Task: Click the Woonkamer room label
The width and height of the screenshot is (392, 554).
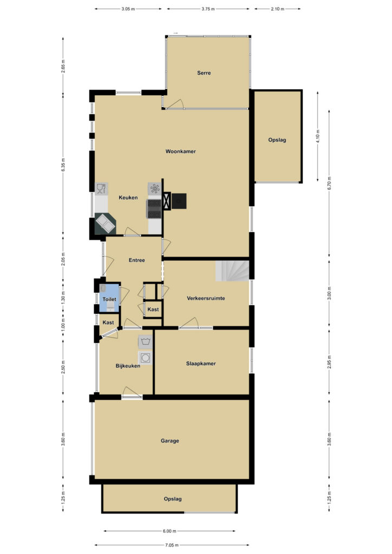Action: [180, 151]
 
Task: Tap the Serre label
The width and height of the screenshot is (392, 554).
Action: [204, 73]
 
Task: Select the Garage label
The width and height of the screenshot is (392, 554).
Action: [169, 440]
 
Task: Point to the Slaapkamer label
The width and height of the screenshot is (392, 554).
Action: [201, 363]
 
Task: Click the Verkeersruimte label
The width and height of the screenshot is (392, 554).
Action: [206, 298]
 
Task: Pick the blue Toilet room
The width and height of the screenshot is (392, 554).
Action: [110, 298]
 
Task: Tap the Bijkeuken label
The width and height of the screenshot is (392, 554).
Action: [128, 366]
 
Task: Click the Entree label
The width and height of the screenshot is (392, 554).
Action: [137, 260]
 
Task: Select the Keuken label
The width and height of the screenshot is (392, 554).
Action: [128, 197]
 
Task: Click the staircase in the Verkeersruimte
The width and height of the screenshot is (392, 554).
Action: [232, 271]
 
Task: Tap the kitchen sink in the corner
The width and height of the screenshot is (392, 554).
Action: [106, 223]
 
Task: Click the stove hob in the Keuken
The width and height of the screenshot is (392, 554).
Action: [154, 209]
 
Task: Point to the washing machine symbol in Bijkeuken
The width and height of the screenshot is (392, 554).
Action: [145, 358]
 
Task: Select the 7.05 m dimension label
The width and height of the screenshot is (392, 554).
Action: [172, 545]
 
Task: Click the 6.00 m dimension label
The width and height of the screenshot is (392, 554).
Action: [169, 531]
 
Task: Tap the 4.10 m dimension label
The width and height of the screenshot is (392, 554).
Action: [318, 136]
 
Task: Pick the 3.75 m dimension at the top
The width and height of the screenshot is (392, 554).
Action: [208, 9]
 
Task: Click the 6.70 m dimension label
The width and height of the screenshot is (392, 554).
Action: [329, 183]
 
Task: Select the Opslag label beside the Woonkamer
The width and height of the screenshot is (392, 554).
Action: [277, 140]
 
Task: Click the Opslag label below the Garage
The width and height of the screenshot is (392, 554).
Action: [173, 499]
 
